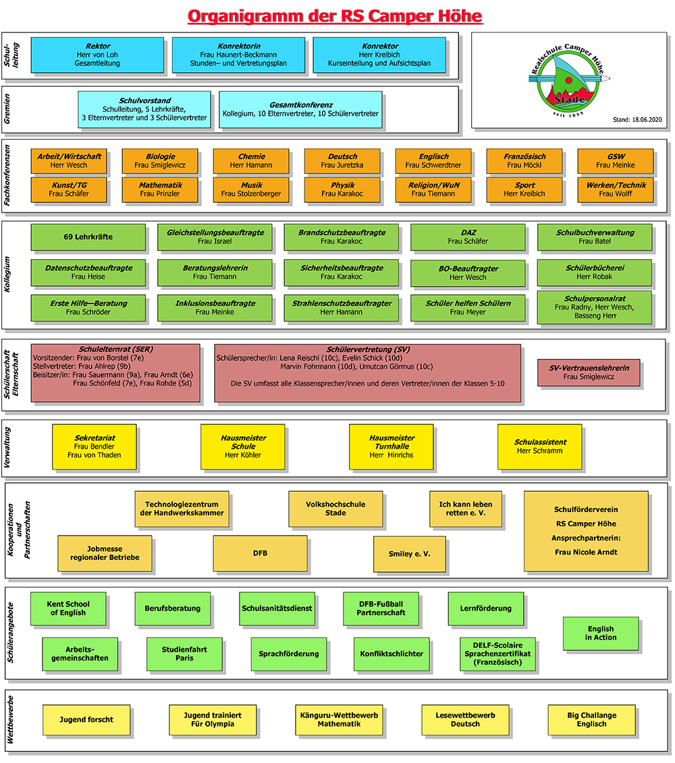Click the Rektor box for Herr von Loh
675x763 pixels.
(98, 55)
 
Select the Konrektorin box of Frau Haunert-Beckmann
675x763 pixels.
(238, 55)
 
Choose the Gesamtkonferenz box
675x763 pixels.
(300, 109)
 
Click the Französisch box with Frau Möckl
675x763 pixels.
(524, 161)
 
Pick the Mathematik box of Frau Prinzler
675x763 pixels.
(160, 190)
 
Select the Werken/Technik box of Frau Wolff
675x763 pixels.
(615, 190)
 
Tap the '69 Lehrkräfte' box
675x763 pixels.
(88, 237)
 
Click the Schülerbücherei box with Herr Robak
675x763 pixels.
(595, 272)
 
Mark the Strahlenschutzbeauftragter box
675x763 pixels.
(341, 308)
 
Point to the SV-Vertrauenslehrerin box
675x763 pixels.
(589, 372)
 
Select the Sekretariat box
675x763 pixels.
(94, 446)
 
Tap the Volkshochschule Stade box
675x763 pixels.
(335, 509)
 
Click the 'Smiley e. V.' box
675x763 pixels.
(409, 553)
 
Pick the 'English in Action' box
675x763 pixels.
(600, 633)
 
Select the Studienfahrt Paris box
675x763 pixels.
(184, 654)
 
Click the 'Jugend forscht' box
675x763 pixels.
(86, 719)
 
